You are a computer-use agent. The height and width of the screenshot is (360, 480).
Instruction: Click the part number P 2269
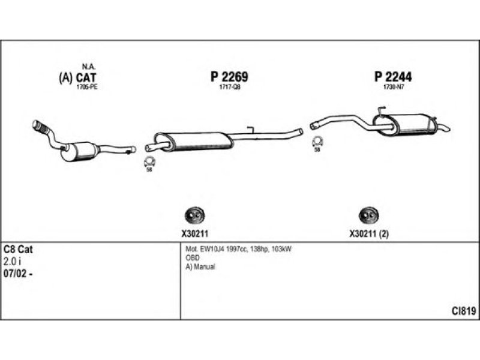pos(229,77)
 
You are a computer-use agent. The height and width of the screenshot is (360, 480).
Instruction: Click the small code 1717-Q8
pos(230,88)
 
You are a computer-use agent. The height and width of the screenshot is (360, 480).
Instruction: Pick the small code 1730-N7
pos(392,88)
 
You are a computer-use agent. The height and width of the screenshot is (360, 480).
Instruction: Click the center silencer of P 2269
pos(200,141)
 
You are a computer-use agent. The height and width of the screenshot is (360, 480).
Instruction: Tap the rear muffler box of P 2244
pos(412,125)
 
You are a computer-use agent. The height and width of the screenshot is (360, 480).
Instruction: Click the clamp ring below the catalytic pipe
pos(149,161)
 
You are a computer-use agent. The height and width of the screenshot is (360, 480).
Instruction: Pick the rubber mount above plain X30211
pos(193,215)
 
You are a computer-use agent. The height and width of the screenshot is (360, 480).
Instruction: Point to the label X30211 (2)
pos(369,235)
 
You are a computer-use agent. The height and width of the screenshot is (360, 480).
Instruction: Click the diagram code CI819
pos(464,311)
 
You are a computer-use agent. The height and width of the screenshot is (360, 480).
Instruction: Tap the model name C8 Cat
pos(18,249)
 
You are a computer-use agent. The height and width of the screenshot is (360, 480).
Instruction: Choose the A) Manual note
pos(200,266)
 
